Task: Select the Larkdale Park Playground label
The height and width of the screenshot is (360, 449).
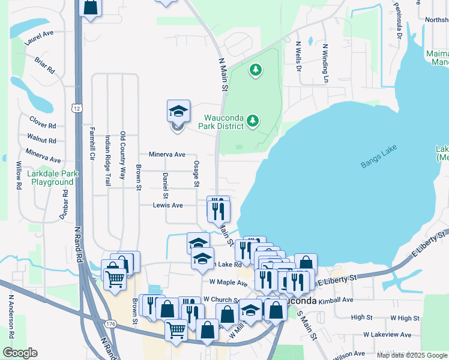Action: tap(53, 178)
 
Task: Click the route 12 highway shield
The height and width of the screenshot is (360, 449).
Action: tap(77, 108)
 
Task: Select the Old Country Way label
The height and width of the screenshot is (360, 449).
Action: tap(122, 156)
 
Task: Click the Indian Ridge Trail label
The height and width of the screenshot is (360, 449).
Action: tap(108, 160)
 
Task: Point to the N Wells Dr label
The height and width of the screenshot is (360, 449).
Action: tap(298, 56)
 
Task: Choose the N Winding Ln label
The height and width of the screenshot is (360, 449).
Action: tap(326, 63)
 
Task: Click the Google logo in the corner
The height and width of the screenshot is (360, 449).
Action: tap(20, 353)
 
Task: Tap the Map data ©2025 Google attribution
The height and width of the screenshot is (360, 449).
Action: tap(412, 355)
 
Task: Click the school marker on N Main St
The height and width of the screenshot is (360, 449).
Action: tap(178, 112)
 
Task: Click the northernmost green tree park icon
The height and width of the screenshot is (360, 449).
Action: tap(256, 70)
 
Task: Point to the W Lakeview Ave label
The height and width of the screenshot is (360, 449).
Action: tap(387, 334)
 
